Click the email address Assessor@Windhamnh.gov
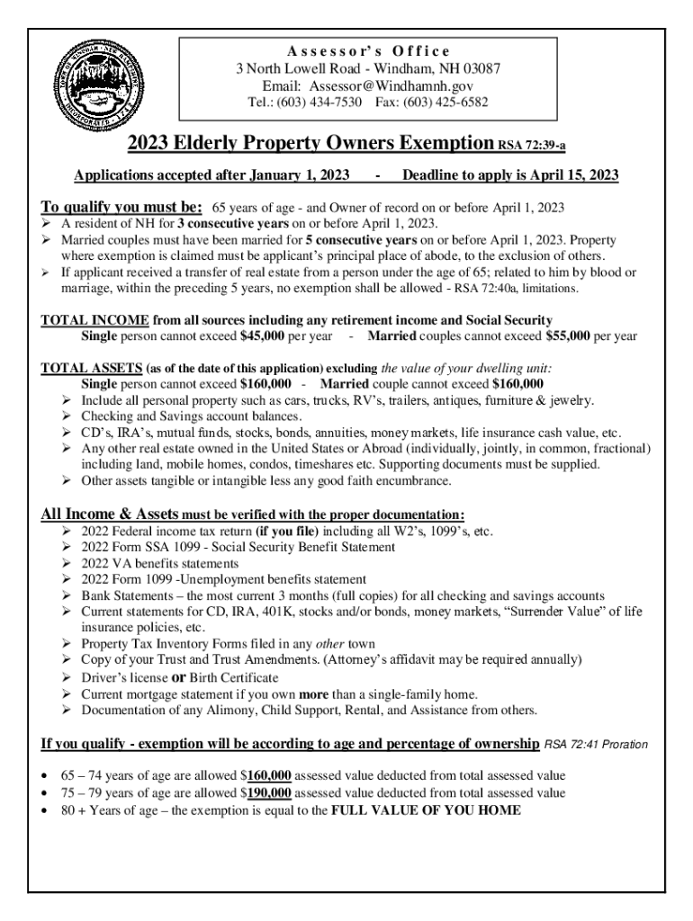coord(391,85)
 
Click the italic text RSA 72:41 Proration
coord(595,746)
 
